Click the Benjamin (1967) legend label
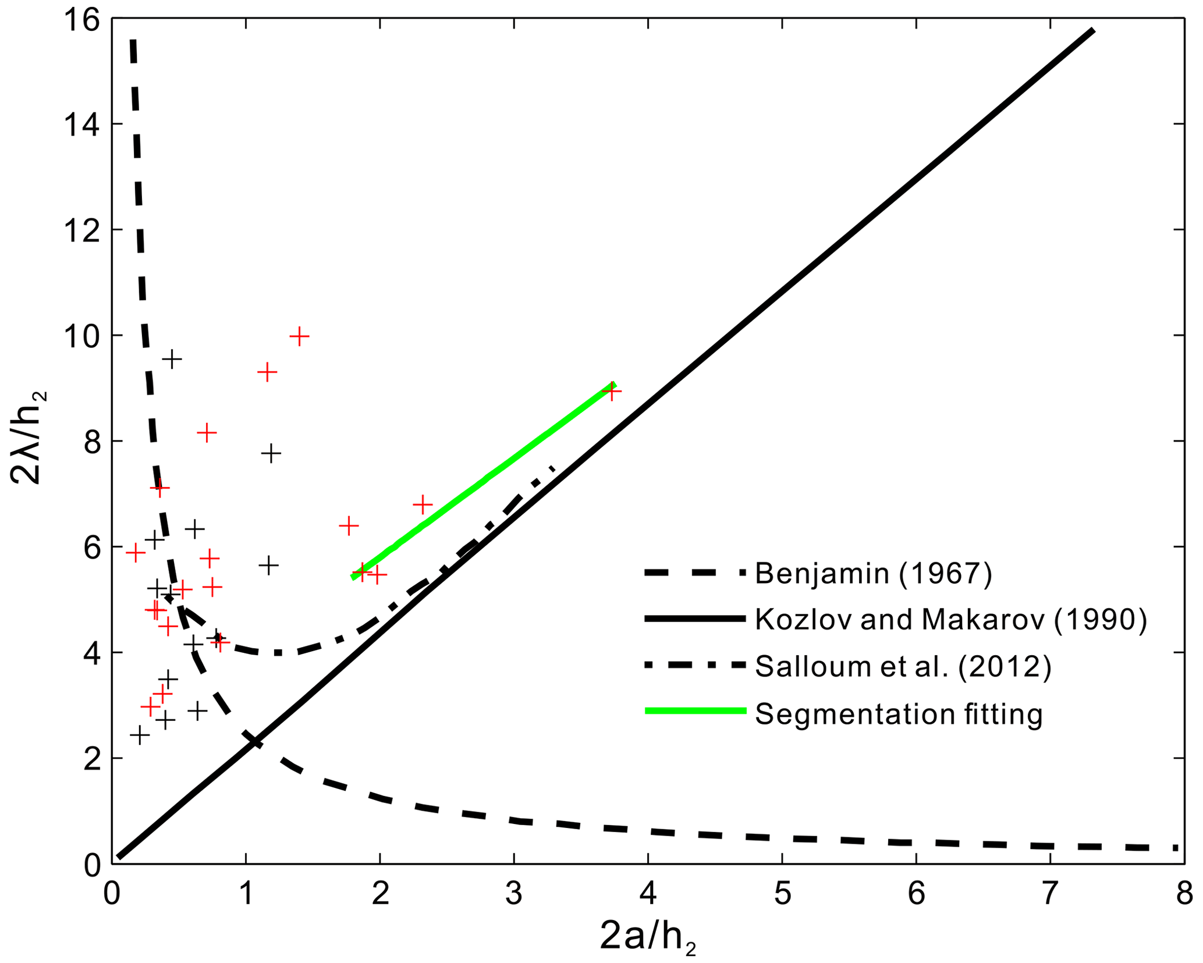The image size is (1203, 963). [874, 574]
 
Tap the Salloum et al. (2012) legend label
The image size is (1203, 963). [903, 667]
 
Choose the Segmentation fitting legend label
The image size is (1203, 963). [899, 714]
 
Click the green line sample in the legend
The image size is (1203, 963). [695, 710]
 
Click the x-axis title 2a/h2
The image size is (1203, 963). [647, 938]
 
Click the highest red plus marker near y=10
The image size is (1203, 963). [299, 336]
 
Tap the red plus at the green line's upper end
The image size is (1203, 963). [611, 392]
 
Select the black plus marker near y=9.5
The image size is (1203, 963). [172, 359]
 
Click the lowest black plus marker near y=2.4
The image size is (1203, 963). [139, 735]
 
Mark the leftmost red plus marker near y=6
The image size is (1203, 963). [135, 552]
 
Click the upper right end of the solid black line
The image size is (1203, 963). [1093, 30]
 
